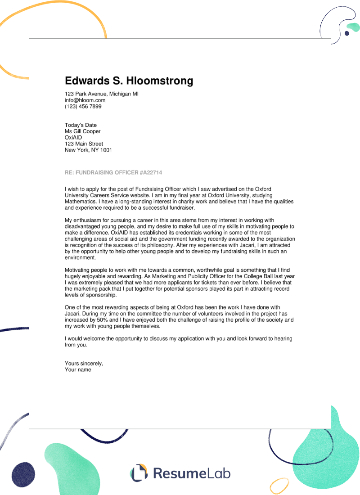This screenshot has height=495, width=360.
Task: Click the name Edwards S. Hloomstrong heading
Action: [x=129, y=81]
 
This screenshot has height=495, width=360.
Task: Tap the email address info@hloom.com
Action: [x=85, y=100]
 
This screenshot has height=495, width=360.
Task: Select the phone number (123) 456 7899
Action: [x=83, y=107]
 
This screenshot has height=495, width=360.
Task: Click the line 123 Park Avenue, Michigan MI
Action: [x=102, y=94]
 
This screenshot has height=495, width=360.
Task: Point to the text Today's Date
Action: [x=81, y=125]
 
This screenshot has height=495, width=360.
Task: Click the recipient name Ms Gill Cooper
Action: [x=83, y=131]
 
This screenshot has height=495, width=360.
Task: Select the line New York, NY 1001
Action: [x=88, y=150]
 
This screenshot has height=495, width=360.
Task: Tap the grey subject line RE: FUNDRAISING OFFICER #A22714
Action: [x=113, y=173]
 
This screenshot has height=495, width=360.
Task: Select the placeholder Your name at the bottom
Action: [x=78, y=369]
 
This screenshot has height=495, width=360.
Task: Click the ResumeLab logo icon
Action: [x=139, y=472]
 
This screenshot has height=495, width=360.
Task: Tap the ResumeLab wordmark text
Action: [x=192, y=473]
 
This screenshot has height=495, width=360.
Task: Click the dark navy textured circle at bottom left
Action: [x=23, y=474]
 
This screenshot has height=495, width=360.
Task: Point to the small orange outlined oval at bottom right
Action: [x=279, y=485]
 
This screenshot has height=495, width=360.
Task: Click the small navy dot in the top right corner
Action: [x=347, y=33]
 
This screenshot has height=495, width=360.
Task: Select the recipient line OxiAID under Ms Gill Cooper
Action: [x=73, y=138]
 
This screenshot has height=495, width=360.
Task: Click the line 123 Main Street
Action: [x=84, y=144]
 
